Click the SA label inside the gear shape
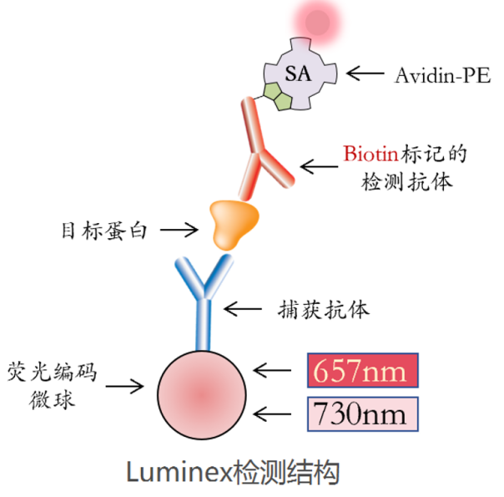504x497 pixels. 297,73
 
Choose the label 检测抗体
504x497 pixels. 406,180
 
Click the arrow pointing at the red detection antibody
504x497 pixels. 318,167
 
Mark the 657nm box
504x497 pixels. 361,370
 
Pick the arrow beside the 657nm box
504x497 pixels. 275,370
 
